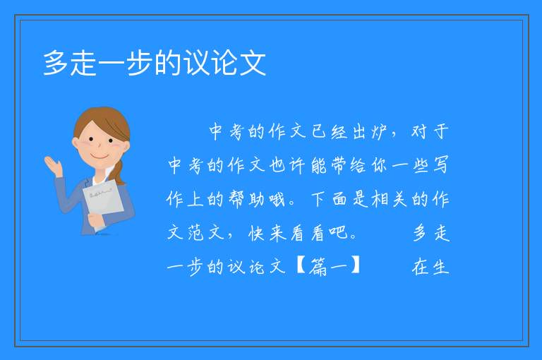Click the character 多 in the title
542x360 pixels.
pos(56,63)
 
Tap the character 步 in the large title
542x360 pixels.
pos(140,63)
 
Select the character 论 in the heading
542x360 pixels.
pos(224,63)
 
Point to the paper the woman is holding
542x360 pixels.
pos(103,201)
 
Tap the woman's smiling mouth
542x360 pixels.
pos(100,157)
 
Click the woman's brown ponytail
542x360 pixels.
pos(120,173)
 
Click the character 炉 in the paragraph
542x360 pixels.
pos(379,132)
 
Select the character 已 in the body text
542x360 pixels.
pos(318,132)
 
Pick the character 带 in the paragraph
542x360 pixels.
pos(339,165)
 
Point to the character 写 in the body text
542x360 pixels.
pos(440,165)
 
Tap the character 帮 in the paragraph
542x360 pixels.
pos(236,199)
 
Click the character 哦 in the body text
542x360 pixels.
pos(277,199)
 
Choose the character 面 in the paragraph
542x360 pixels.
pos(339,199)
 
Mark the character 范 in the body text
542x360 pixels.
pos(195,233)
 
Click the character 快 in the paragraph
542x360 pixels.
pos(257,233)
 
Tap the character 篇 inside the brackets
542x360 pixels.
pos(318,267)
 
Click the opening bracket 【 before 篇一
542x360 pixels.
pos(301,265)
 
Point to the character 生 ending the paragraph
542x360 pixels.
pos(440,267)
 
